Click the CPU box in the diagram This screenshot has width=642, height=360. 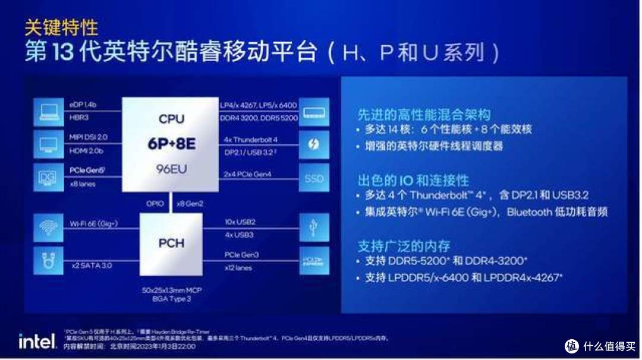171,144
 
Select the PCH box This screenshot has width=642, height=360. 171,243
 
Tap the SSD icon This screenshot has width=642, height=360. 313,178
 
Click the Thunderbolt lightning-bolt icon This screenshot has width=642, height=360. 313,145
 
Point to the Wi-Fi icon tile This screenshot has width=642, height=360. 48,228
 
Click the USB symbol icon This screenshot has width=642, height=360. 313,228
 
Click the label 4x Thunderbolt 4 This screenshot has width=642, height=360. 251,140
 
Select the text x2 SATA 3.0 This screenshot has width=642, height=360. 92,266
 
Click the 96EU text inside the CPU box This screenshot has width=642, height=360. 171,169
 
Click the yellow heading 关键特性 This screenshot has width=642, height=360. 61,27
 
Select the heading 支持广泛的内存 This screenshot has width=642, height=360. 404,245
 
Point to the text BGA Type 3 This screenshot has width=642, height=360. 172,299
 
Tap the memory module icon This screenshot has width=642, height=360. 313,112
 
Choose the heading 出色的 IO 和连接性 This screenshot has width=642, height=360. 413,180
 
